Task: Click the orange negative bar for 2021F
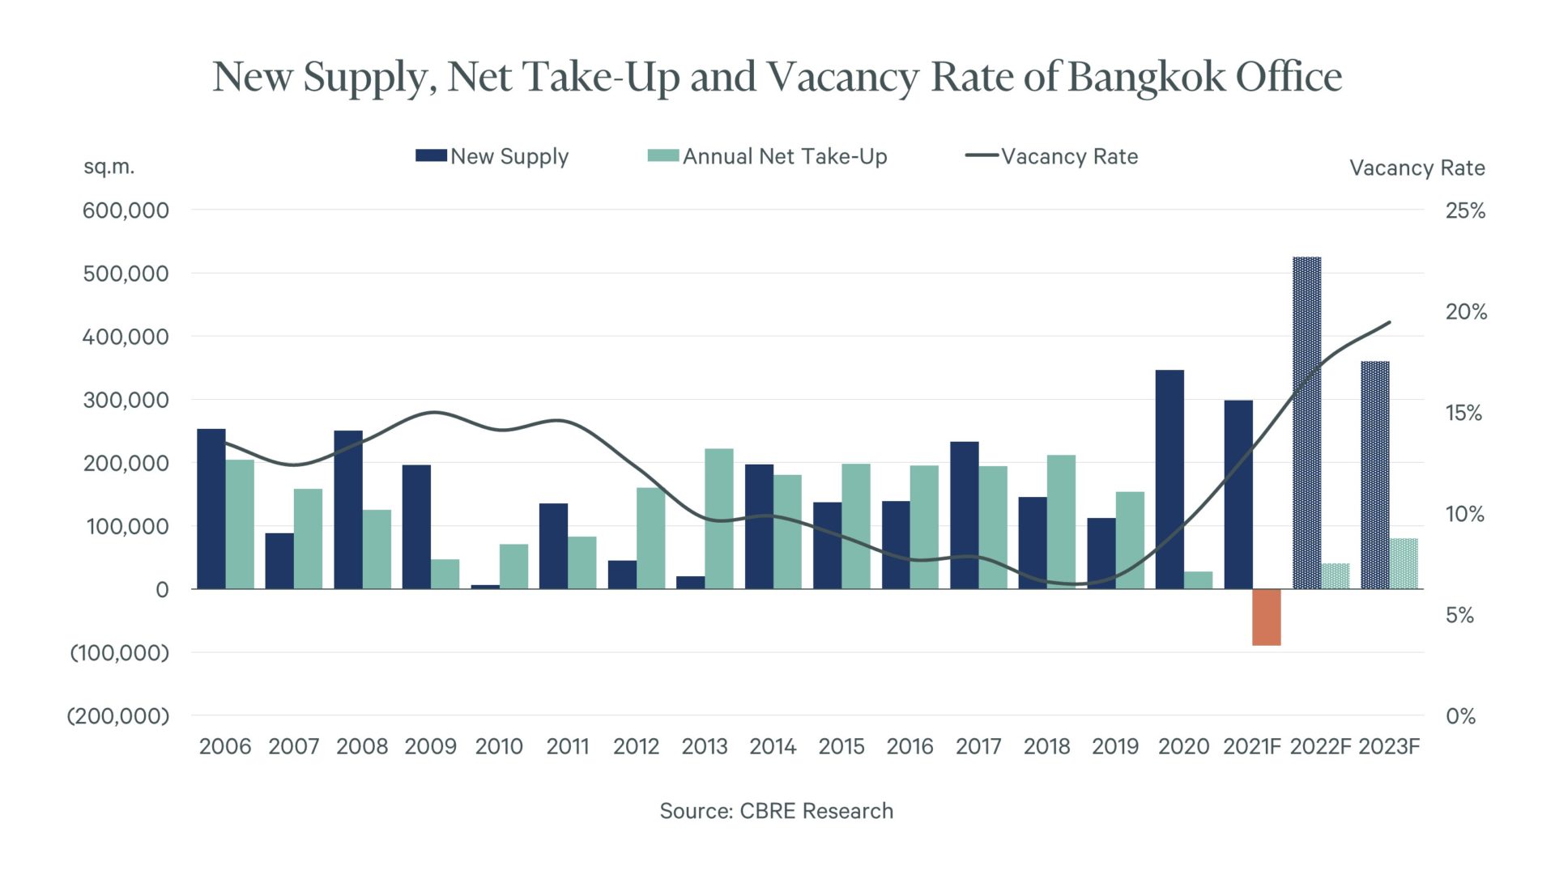(1267, 617)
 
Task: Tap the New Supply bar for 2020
(1169, 479)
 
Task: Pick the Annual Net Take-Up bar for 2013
(719, 519)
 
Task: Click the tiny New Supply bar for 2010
(485, 586)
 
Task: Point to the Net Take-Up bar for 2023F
(1404, 563)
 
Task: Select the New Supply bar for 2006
(211, 508)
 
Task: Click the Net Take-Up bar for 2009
(445, 574)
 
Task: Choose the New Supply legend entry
(492, 156)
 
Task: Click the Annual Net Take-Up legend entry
(767, 156)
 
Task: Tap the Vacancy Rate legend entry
(1052, 156)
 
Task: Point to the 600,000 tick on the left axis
(126, 210)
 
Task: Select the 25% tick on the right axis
(1465, 210)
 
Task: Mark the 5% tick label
(1459, 615)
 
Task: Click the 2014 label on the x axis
(773, 746)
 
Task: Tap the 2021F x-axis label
(1251, 746)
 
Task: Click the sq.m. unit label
(109, 167)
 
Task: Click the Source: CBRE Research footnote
(776, 811)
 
